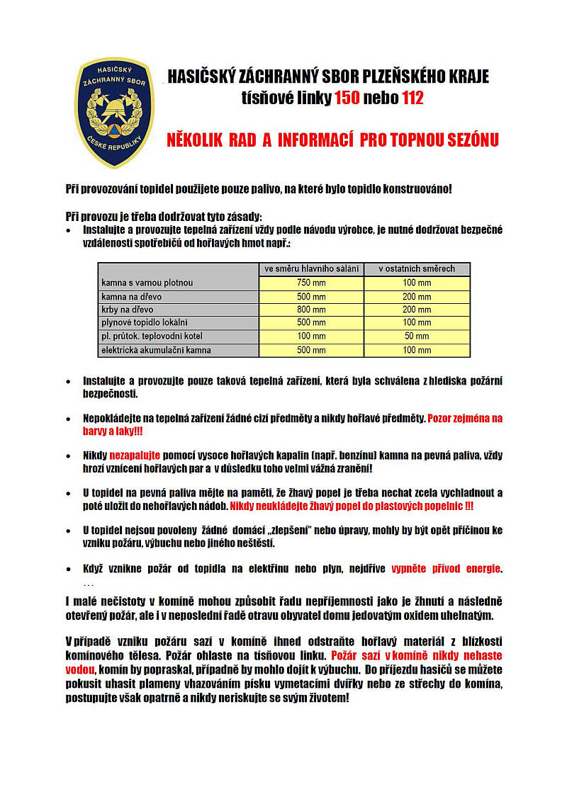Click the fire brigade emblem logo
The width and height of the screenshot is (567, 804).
[x=114, y=113]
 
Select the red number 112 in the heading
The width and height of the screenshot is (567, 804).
[x=412, y=98]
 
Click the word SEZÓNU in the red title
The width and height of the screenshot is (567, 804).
[x=466, y=140]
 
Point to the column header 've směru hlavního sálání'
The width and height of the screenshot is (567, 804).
[x=312, y=269]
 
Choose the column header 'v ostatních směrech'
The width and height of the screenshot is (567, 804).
[x=417, y=269]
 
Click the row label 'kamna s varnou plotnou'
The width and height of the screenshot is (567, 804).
[x=147, y=283]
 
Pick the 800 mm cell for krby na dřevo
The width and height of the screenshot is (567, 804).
[x=312, y=310]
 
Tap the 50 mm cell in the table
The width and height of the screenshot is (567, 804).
[x=417, y=336]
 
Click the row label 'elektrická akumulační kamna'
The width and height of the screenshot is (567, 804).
[x=156, y=349]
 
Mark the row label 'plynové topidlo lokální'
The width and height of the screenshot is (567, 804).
[x=144, y=322]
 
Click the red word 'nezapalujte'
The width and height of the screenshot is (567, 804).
[x=135, y=455]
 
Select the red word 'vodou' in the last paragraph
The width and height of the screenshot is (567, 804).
[x=79, y=668]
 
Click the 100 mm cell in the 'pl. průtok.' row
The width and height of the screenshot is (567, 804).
[x=312, y=336]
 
